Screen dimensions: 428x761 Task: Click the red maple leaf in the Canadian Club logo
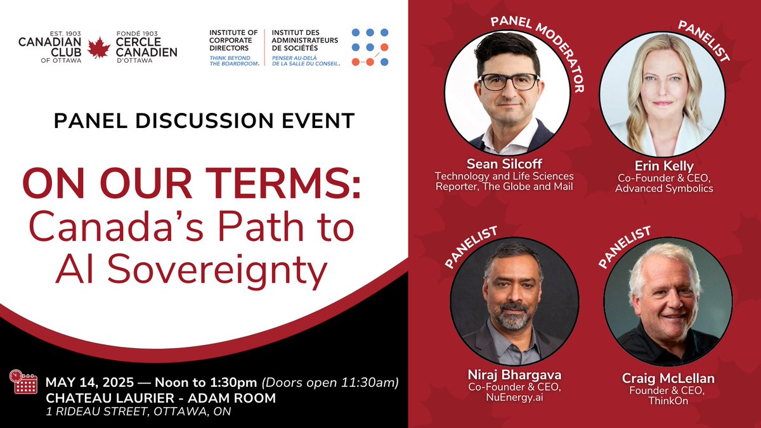pos(98,48)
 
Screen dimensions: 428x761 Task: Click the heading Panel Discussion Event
pos(204,120)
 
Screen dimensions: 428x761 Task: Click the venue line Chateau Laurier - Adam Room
pos(160,398)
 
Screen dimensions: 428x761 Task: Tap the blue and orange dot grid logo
pos(370,47)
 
